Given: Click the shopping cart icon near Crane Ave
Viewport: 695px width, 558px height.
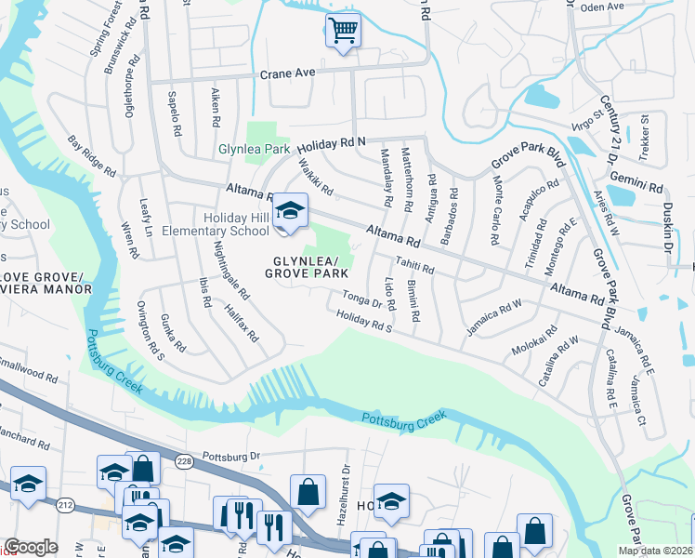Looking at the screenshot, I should pos(343,31).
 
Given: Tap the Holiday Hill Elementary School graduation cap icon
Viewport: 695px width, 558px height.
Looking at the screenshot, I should pos(291,211).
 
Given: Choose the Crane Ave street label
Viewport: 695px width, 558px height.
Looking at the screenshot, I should pos(288,73).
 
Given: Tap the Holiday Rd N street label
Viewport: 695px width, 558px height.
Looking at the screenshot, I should pos(333,143).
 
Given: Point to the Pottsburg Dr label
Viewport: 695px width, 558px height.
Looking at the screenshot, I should pos(233,457).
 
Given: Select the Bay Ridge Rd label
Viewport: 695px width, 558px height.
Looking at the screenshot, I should pos(91,157).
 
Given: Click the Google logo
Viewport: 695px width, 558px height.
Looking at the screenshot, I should pos(31,547).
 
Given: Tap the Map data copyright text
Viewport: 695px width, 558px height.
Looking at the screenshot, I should pos(654,551).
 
